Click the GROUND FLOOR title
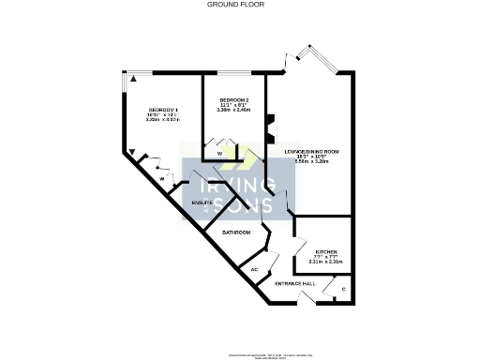tap(234, 5)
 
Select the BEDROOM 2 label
tap(234, 99)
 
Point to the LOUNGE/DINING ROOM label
tap(312, 151)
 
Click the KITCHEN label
tap(326, 252)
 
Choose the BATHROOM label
tap(236, 232)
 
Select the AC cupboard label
tap(254, 270)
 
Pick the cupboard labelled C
tap(343, 289)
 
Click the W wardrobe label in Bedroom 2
tap(219, 152)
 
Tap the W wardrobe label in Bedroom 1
tap(161, 177)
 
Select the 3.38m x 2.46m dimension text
tap(234, 111)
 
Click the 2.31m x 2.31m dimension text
tap(326, 263)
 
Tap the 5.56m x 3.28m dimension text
tap(312, 162)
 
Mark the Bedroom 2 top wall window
tap(234, 73)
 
